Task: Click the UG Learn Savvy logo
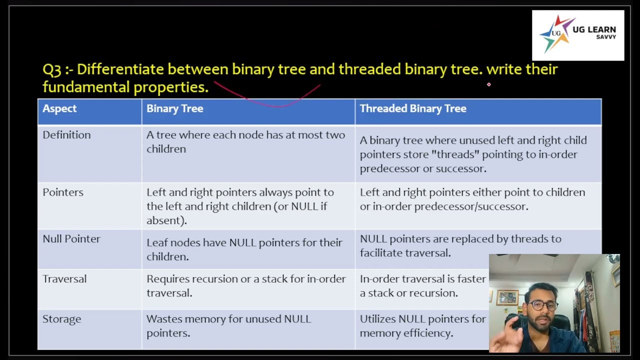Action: [x=577, y=35]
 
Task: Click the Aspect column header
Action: [x=59, y=108]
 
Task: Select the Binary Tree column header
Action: [x=174, y=108]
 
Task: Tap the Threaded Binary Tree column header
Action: [x=412, y=108]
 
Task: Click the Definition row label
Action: [x=66, y=135]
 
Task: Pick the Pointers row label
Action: [x=63, y=192]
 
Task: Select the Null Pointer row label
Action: [x=71, y=239]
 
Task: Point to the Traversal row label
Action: [x=64, y=279]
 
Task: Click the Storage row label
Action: [x=61, y=319]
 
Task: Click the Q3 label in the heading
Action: [x=51, y=69]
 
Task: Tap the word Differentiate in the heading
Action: [x=120, y=69]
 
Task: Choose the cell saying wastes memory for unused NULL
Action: [x=228, y=325]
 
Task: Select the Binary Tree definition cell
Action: [x=245, y=142]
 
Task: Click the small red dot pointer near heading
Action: [x=488, y=84]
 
